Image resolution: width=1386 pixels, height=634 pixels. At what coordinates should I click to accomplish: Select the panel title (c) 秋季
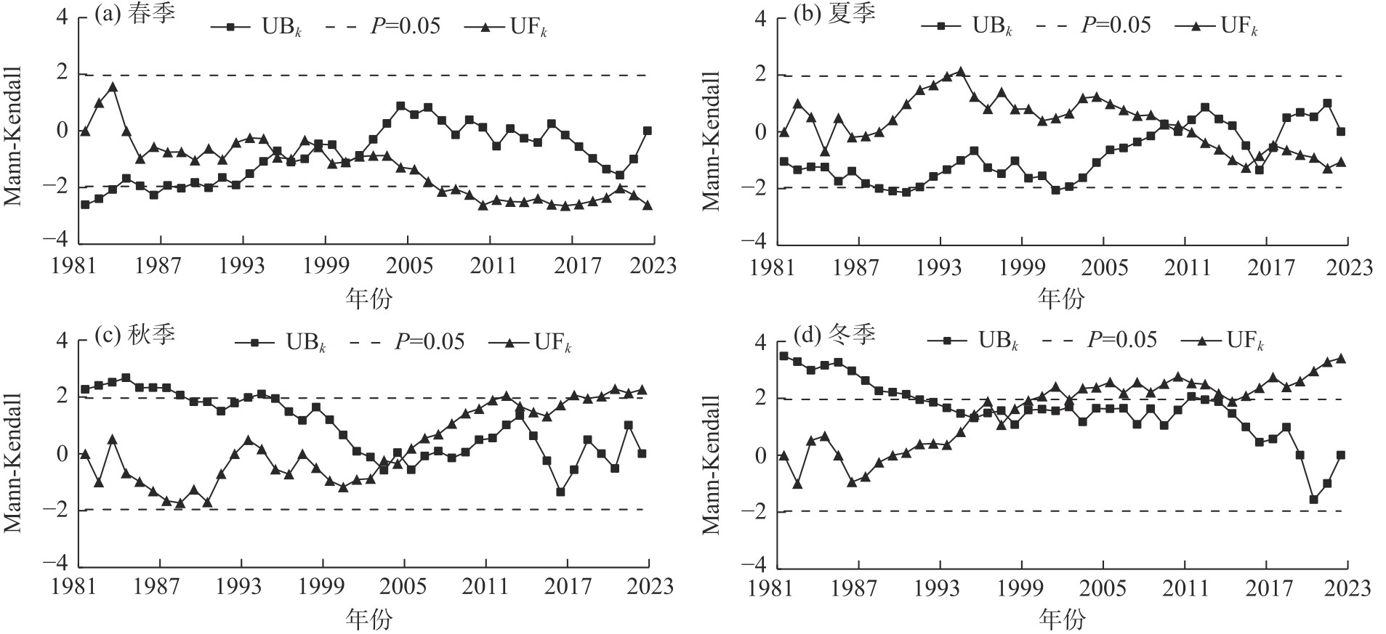click(x=136, y=335)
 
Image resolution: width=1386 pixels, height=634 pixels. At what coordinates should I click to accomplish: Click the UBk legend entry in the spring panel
click(x=257, y=28)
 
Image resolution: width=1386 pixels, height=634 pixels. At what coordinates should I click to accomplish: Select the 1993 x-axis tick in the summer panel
click(x=940, y=267)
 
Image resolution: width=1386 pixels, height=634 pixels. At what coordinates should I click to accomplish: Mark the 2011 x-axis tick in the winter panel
click(x=1185, y=588)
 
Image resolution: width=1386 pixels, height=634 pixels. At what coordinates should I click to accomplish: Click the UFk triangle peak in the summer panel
click(x=961, y=72)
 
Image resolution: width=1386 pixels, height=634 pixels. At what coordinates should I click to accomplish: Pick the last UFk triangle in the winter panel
click(x=1341, y=358)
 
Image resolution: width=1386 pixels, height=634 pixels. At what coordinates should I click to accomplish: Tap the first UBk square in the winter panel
click(x=783, y=356)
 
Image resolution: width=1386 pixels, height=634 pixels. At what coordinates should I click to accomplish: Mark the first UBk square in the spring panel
click(x=85, y=205)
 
